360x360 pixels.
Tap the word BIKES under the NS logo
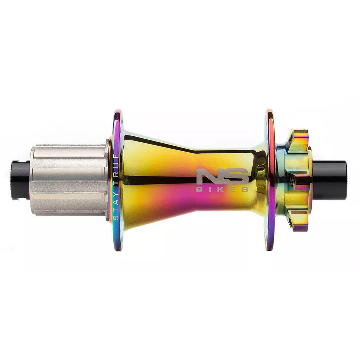click(222, 189)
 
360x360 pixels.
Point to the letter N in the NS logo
click(208, 176)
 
